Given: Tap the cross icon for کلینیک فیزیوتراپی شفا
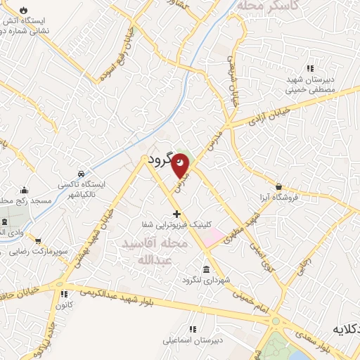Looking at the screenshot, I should click(176, 213).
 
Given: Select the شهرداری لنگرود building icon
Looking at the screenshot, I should click(205, 269).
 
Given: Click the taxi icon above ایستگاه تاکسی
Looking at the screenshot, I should click(82, 173).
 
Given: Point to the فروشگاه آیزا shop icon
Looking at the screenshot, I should click(279, 187).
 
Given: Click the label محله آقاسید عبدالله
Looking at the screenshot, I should click(155, 252).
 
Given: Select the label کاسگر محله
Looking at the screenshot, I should click(268, 5).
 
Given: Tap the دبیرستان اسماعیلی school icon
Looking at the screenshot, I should click(192, 328).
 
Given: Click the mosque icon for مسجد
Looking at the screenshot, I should click(25, 191).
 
